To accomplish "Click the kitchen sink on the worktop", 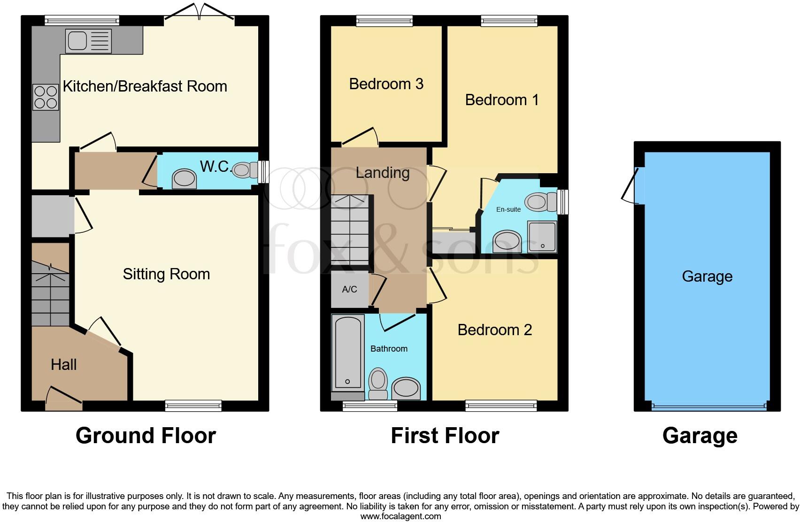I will click(89, 40).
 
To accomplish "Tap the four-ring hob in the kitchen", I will click(46, 97).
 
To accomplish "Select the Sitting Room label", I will click(166, 274).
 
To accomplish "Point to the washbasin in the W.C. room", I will click(184, 179).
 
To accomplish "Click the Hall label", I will click(63, 365).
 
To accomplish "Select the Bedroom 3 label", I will click(386, 84).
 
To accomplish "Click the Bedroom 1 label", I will click(501, 100).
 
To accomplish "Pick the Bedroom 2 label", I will click(494, 330).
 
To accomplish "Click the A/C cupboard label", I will click(349, 290).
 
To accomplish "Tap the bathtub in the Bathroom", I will click(347, 352).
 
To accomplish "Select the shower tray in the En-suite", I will click(542, 237).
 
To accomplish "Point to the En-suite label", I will click(508, 209).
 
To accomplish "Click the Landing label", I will click(382, 173).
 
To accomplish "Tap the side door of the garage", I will click(631, 185).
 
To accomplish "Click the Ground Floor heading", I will click(146, 436).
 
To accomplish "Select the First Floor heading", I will click(445, 436).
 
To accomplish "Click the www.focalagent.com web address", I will click(400, 516).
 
